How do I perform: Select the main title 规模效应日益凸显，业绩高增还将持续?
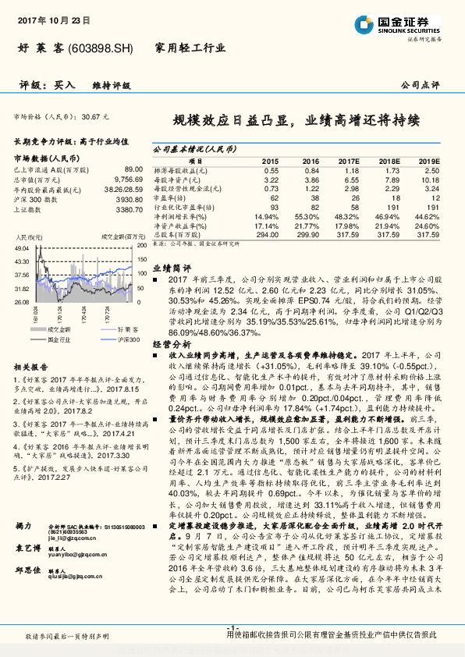[296, 121]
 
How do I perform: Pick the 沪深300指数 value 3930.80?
[128, 199]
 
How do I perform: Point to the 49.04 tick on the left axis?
[21, 249]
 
